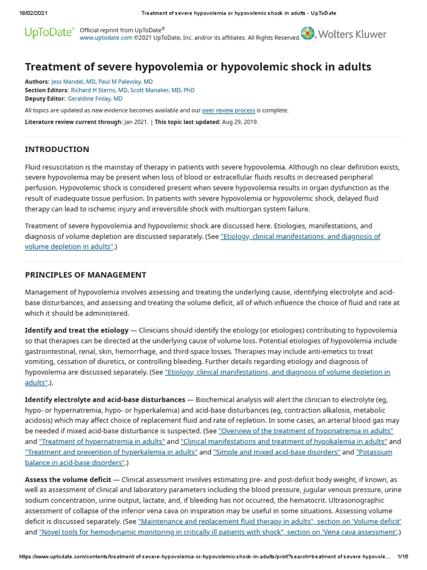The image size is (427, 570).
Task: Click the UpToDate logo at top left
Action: coord(49,33)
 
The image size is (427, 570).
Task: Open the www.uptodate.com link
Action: coord(106,38)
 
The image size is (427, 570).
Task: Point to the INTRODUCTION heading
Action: coord(57,149)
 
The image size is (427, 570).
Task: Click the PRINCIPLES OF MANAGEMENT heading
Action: coord(86,275)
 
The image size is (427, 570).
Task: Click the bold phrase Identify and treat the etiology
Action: coord(77,330)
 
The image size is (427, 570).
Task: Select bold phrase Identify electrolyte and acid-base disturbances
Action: coord(105,400)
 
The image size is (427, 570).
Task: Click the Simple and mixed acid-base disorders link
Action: coord(276,452)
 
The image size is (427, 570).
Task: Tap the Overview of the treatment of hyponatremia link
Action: coord(306,431)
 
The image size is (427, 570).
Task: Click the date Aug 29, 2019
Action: coord(240,121)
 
